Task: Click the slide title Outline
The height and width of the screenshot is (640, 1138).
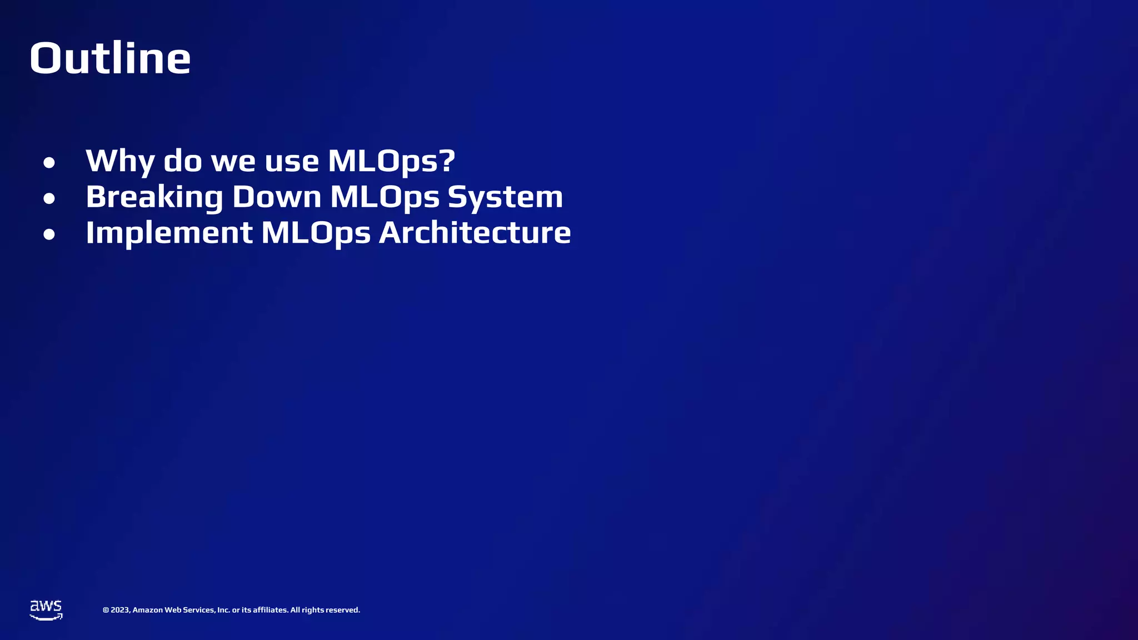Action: click(110, 58)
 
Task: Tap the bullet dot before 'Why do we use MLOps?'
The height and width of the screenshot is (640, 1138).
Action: click(49, 163)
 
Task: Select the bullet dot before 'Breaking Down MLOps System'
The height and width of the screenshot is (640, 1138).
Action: click(49, 198)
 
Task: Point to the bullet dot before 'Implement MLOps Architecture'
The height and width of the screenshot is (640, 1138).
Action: click(49, 234)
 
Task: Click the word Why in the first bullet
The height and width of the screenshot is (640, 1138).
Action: click(119, 161)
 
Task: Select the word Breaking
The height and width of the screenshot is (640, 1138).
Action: click(154, 197)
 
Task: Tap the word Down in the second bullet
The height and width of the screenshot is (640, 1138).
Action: click(276, 197)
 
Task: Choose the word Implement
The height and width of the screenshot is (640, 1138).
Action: click(169, 232)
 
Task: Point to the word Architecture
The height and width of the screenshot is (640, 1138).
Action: click(475, 232)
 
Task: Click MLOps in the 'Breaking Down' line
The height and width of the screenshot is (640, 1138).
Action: click(385, 197)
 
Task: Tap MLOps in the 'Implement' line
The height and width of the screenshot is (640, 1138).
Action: click(316, 232)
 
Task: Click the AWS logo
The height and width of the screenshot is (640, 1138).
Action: click(46, 609)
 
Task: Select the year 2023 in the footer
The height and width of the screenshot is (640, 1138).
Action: click(120, 610)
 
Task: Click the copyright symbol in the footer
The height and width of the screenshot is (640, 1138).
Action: click(106, 610)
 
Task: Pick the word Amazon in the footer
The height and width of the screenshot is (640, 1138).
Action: click(147, 610)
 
